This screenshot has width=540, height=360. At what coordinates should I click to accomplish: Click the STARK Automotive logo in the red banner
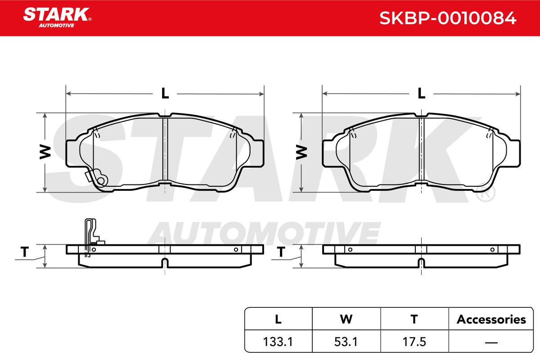coord(57,18)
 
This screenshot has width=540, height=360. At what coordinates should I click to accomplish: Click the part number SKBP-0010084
coord(448,18)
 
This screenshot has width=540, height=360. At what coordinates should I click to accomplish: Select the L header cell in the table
coord(278,319)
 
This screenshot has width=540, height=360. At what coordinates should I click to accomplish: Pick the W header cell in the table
coord(346,319)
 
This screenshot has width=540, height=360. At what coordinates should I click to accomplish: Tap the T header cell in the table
coord(414,319)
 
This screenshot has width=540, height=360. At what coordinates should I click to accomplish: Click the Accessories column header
coord(491,319)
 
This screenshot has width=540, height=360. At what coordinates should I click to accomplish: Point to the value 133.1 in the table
coord(278,342)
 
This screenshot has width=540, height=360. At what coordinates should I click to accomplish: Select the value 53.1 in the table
coord(346,342)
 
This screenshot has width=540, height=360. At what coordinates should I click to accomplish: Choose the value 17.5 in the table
coord(414,342)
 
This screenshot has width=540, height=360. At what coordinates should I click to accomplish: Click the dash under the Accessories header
coord(491,342)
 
